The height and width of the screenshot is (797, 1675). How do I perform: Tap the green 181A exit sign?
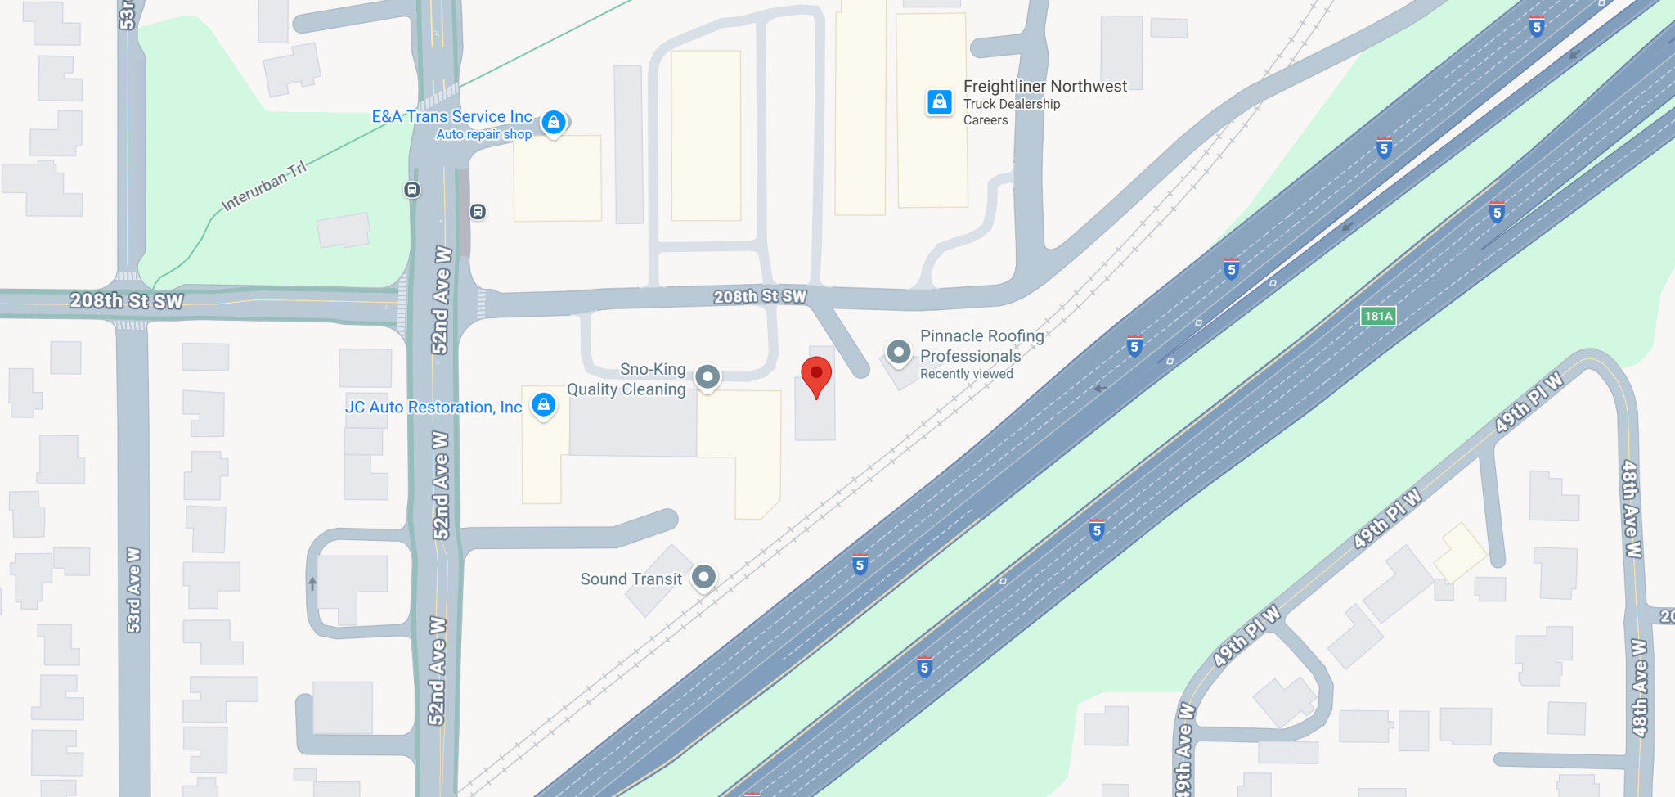tap(1378, 316)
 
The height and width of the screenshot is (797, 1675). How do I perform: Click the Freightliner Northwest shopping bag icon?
tap(940, 102)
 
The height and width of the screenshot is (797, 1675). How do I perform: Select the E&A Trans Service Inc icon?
tap(554, 123)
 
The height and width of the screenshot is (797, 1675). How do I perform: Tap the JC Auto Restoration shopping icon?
tap(544, 404)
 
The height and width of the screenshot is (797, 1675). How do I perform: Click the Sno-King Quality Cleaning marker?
tap(707, 377)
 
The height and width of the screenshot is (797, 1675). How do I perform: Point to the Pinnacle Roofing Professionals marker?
tap(899, 352)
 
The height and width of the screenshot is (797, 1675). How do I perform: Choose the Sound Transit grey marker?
tap(703, 577)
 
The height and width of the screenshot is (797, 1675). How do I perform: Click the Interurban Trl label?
tap(264, 187)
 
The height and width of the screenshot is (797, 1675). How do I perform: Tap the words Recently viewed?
tap(966, 374)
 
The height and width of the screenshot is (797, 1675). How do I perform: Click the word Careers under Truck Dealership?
tap(986, 120)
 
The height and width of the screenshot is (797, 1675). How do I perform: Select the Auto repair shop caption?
tap(483, 134)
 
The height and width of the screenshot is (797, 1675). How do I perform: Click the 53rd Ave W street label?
tap(133, 589)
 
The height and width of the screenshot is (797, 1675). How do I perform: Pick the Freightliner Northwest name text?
tap(1044, 86)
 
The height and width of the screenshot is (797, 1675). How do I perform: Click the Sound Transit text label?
tap(631, 579)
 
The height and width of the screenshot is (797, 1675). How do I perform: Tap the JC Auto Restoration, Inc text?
tap(433, 407)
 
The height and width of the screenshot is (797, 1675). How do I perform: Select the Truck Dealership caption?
tap(1011, 104)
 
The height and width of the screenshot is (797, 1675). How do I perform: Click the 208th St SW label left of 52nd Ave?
tap(126, 301)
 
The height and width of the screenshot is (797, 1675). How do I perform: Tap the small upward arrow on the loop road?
tap(312, 583)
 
